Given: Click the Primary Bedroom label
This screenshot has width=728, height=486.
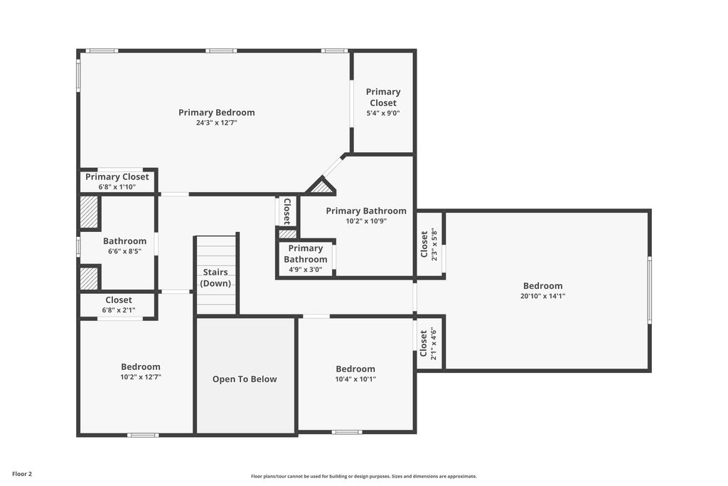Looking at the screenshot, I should coord(216,112).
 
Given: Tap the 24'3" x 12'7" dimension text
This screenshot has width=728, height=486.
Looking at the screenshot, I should coord(216,123).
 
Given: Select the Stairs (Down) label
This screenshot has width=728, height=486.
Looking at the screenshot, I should coord(216,278).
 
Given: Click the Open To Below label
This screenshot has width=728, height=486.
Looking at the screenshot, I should coord(245,379).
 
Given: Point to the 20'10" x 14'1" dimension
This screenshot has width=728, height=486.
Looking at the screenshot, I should coord(542,296).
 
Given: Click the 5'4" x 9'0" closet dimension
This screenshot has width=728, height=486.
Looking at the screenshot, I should coord(383,113).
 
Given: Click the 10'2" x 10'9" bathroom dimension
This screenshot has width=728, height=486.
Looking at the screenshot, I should coord(366,221).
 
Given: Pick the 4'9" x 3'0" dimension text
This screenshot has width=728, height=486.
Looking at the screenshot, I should coord(305,270).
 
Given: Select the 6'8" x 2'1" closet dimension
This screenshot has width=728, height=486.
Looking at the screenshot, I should coord(119,310).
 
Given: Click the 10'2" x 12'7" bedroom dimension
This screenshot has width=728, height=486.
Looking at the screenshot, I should coord(141,377).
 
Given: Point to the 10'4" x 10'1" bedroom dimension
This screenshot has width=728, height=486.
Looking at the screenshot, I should coord(355,379).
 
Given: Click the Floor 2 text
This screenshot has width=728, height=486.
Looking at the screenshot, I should coord(22,473).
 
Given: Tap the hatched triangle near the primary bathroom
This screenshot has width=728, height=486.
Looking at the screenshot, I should coord(321,188).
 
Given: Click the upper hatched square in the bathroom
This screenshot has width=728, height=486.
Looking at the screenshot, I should coord(89,212).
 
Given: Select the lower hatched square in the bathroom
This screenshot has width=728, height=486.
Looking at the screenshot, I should coord(89,278).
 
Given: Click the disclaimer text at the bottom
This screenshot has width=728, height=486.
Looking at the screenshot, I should coord(363,476).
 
